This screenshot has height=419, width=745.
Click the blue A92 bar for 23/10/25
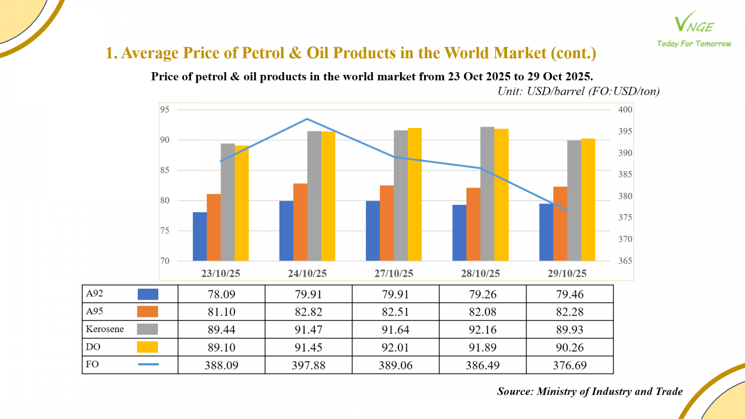point(200,237)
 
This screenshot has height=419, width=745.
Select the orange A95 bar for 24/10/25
point(300,222)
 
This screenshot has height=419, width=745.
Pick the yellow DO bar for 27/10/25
point(414,194)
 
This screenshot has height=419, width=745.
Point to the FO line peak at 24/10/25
point(307,119)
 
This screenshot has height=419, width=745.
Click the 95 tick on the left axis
point(165,109)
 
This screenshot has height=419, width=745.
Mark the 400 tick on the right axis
point(625,109)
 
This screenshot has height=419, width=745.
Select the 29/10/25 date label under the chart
point(567,273)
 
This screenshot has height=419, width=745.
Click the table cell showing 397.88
point(308,365)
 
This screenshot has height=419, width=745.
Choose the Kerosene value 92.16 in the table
point(482,330)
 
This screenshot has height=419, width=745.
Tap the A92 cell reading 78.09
point(221,294)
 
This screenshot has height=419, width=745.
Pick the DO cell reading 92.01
point(395,347)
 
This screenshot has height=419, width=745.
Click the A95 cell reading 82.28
point(569,312)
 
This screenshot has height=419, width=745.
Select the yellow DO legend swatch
point(147,347)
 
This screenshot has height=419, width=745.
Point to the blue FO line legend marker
point(148,364)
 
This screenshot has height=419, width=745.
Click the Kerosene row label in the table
point(105,329)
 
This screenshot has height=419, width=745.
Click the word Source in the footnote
point(515,392)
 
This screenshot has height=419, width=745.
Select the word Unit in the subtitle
point(509,91)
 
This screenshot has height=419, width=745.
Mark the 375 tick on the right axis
point(625,217)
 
